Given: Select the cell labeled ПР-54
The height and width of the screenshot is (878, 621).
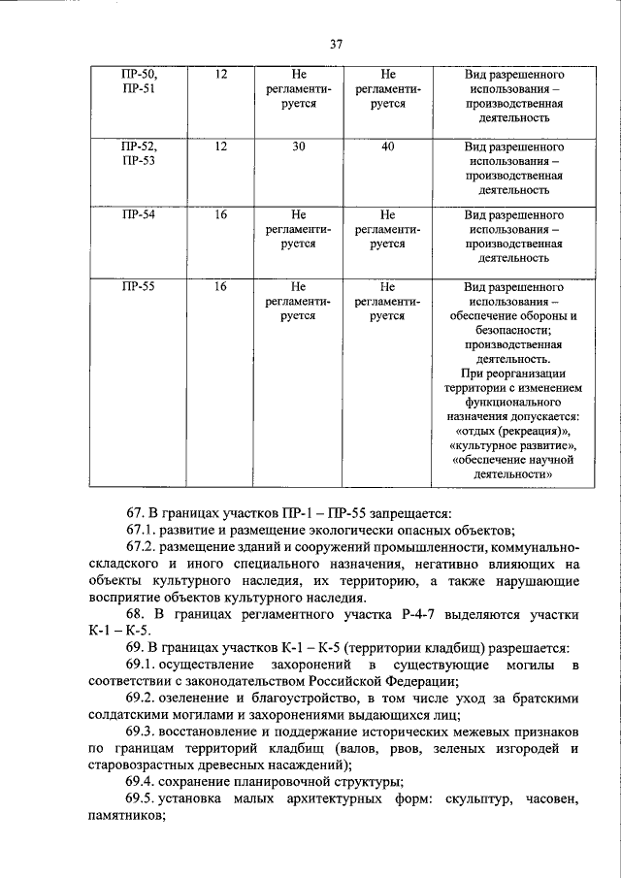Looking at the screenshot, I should pyautogui.click(x=138, y=215).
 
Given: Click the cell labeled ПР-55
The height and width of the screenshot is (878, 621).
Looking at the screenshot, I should pyautogui.click(x=138, y=287).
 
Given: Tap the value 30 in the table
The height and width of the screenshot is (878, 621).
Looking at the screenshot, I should pyautogui.click(x=299, y=146).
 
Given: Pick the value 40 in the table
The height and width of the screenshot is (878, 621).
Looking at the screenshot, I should pyautogui.click(x=388, y=146).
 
